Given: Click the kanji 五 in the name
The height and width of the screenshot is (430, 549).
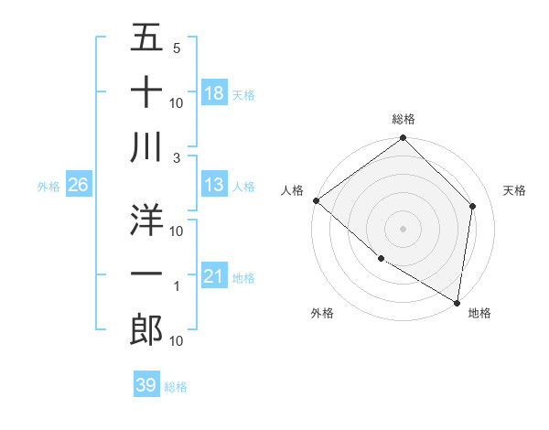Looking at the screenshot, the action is pyautogui.click(x=146, y=38).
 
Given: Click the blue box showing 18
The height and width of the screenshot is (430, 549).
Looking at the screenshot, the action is pyautogui.click(x=214, y=93).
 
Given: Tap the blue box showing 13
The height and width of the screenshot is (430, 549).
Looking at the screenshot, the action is pyautogui.click(x=214, y=186).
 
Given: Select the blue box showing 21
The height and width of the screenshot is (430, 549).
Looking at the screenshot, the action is pyautogui.click(x=214, y=277).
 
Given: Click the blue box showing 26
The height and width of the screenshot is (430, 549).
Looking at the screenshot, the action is pyautogui.click(x=79, y=186).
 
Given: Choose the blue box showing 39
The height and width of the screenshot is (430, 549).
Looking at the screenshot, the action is pyautogui.click(x=146, y=385).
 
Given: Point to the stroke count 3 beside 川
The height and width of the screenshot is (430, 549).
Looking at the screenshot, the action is pyautogui.click(x=176, y=158).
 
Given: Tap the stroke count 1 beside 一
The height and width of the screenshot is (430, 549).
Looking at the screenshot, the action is pyautogui.click(x=177, y=286).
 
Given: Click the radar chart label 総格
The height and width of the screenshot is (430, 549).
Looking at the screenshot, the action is pyautogui.click(x=404, y=119).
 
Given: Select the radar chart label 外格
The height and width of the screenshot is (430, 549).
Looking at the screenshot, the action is pyautogui.click(x=322, y=313).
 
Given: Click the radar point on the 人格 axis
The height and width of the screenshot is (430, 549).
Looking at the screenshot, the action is pyautogui.click(x=316, y=200).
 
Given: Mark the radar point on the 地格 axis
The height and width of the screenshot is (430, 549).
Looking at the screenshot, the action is pyautogui.click(x=457, y=302).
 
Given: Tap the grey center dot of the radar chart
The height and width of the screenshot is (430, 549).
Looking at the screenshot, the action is pyautogui.click(x=403, y=228).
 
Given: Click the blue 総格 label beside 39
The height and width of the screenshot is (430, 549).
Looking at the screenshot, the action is pyautogui.click(x=176, y=387).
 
